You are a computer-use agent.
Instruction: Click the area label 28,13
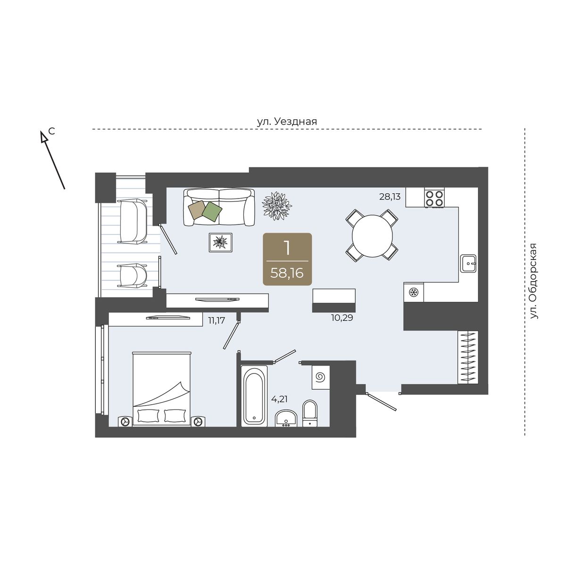click(x=390, y=197)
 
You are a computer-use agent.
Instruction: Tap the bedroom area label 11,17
click(x=216, y=320)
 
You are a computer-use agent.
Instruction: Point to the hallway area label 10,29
click(x=342, y=317)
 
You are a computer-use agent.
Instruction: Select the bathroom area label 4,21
click(x=279, y=399)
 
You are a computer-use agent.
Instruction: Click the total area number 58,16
click(x=287, y=274)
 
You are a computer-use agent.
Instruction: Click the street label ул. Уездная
click(x=287, y=121)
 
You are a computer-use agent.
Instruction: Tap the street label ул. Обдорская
click(x=533, y=281)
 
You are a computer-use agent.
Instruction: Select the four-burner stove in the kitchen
click(x=434, y=198)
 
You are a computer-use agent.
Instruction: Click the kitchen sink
click(x=468, y=263)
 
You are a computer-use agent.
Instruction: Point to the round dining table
click(x=372, y=236)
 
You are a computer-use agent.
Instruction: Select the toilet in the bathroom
click(x=310, y=413)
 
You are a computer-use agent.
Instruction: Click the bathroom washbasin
click(x=286, y=418)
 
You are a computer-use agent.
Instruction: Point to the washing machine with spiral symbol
click(x=320, y=377)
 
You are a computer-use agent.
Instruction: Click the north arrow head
click(x=44, y=137)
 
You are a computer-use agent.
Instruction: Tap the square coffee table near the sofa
click(x=220, y=242)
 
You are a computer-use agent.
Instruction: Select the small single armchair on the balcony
click(x=133, y=275)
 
